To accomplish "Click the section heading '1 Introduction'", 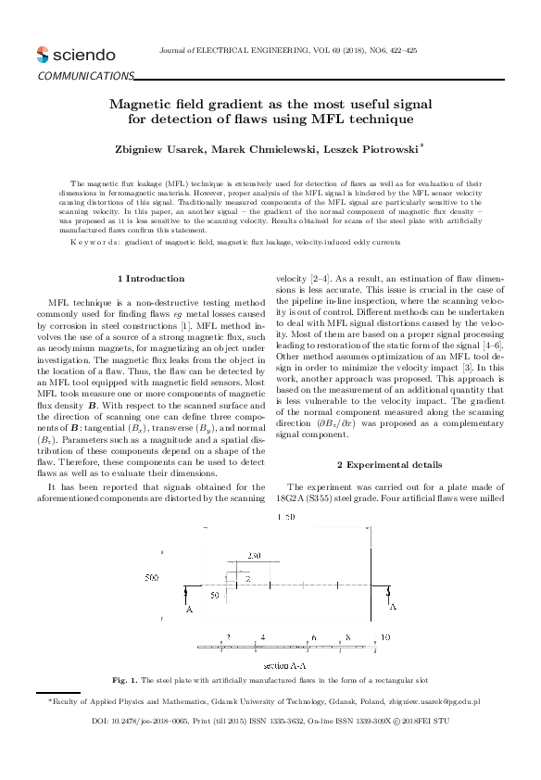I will point(152,278).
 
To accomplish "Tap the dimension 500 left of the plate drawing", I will point(153,578).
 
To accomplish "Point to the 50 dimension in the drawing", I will point(215,594).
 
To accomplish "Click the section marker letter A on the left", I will point(189,610).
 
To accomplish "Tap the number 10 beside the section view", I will point(385,637).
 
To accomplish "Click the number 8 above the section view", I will point(347,637).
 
